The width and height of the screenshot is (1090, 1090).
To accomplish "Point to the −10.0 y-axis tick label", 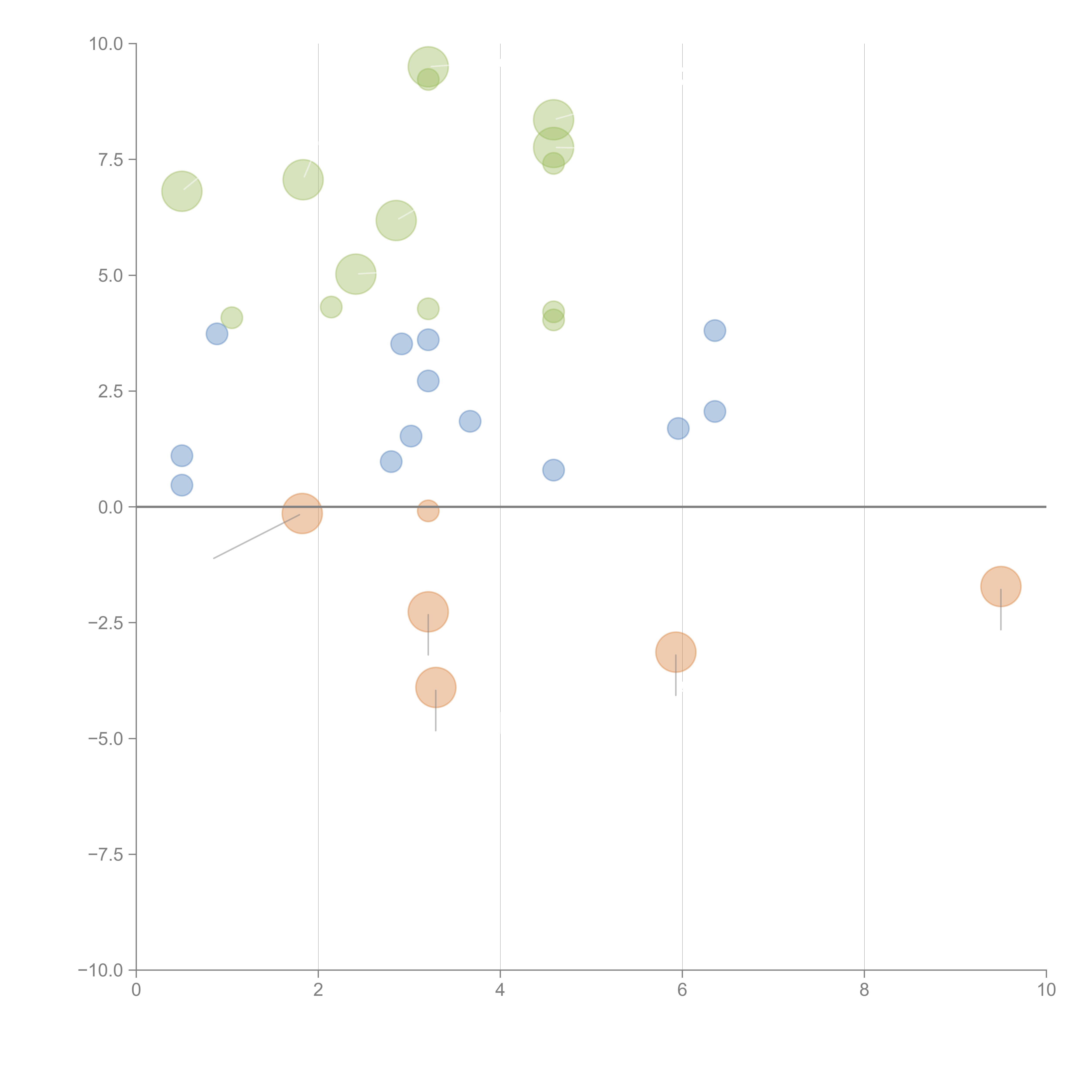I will pyautogui.click(x=100, y=970).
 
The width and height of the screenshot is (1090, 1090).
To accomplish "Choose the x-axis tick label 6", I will pyautogui.click(x=682, y=990).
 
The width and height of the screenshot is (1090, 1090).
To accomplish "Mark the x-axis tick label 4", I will pyautogui.click(x=500, y=990).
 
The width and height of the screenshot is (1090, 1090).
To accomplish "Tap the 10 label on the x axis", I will pyautogui.click(x=1046, y=990).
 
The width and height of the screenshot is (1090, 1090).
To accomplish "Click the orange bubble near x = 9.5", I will pyautogui.click(x=1000, y=586).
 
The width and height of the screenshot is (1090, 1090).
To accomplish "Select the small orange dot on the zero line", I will pyautogui.click(x=428, y=511).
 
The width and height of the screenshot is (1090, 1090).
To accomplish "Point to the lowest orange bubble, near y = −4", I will pyautogui.click(x=436, y=687).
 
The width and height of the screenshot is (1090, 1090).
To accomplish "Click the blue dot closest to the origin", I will pyautogui.click(x=182, y=485).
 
